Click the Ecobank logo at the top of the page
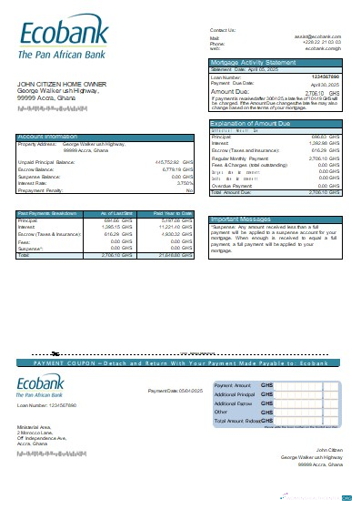click(x=63, y=42)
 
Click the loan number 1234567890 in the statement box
click(x=325, y=76)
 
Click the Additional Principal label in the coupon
click(x=235, y=393)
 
